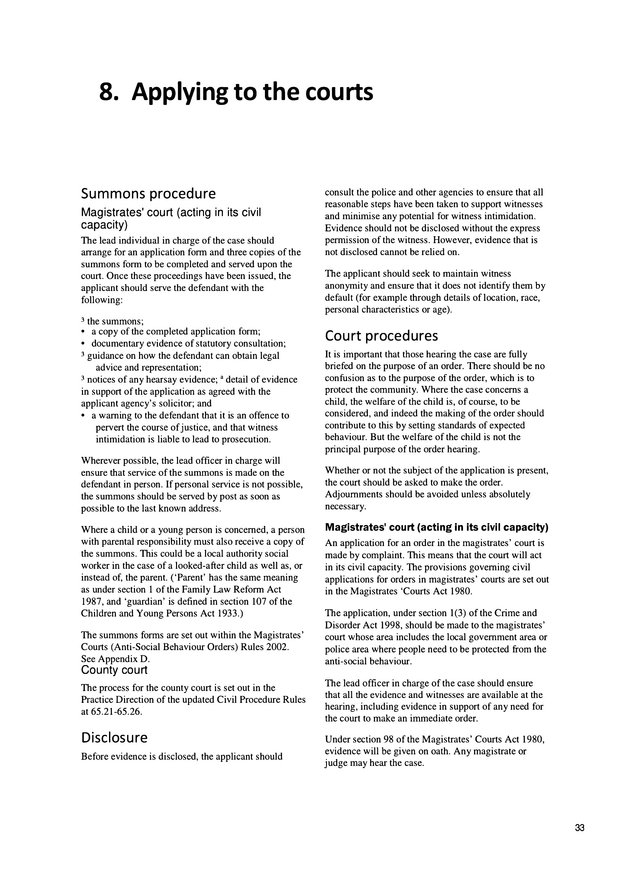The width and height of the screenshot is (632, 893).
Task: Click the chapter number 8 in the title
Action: [106, 92]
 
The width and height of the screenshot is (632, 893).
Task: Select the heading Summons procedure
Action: [148, 194]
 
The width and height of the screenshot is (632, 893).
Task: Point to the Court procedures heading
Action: [381, 336]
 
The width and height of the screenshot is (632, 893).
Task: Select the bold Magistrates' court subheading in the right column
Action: [437, 527]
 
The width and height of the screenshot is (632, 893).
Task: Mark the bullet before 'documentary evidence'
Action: [83, 344]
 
